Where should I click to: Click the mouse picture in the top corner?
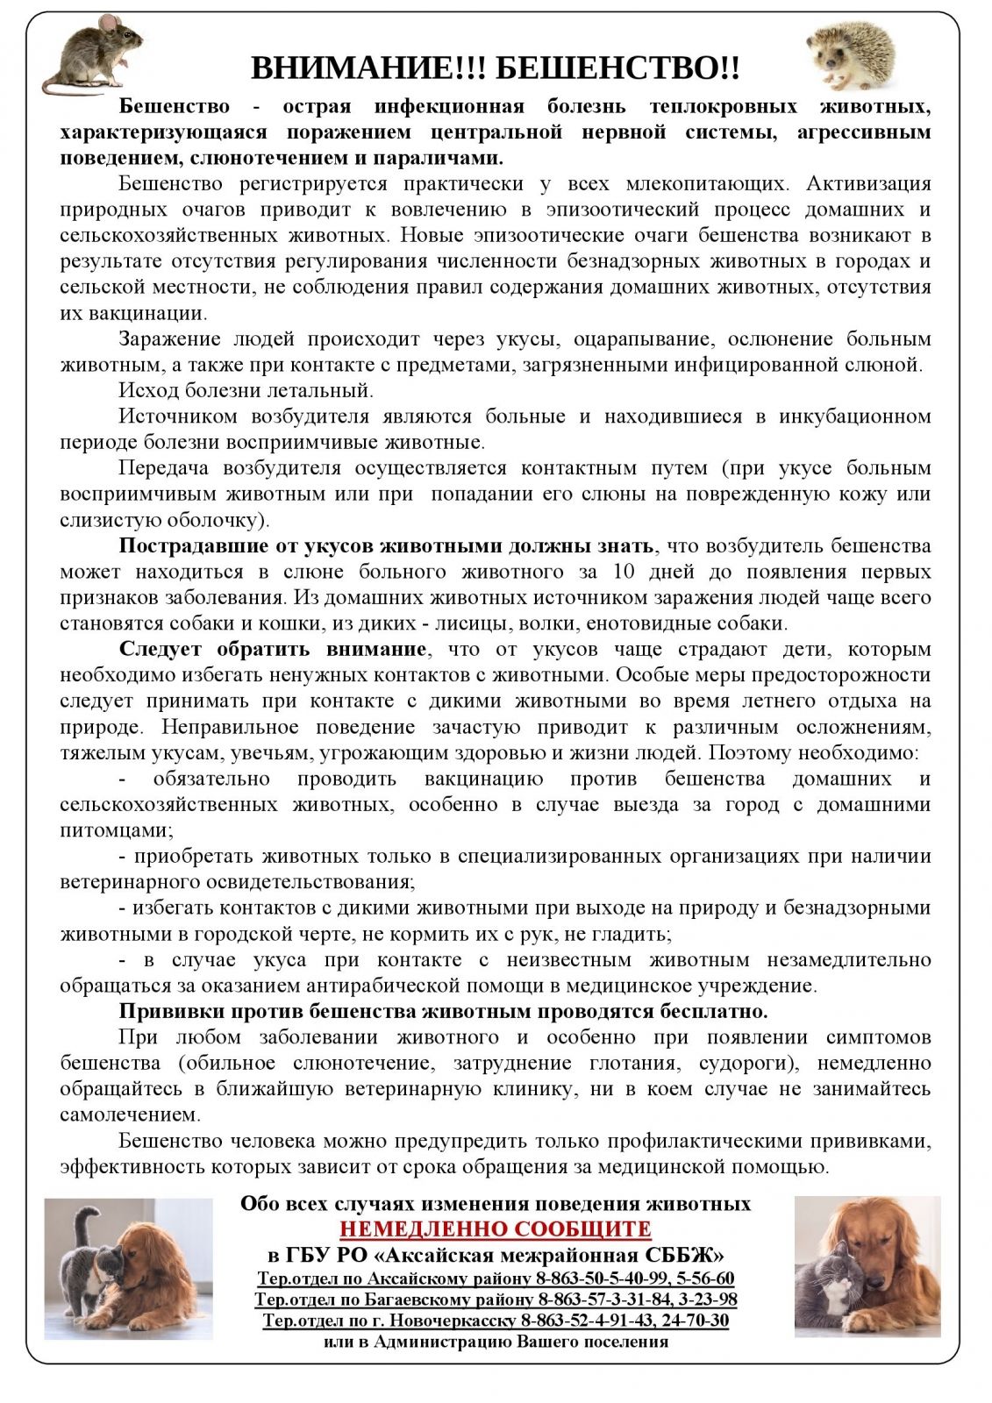[x=91, y=52]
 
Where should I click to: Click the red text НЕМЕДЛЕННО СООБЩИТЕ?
[x=496, y=1229]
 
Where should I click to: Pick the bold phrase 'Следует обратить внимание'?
[x=273, y=650]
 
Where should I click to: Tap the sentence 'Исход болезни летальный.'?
[x=246, y=390]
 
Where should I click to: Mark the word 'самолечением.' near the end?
[x=130, y=1115]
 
